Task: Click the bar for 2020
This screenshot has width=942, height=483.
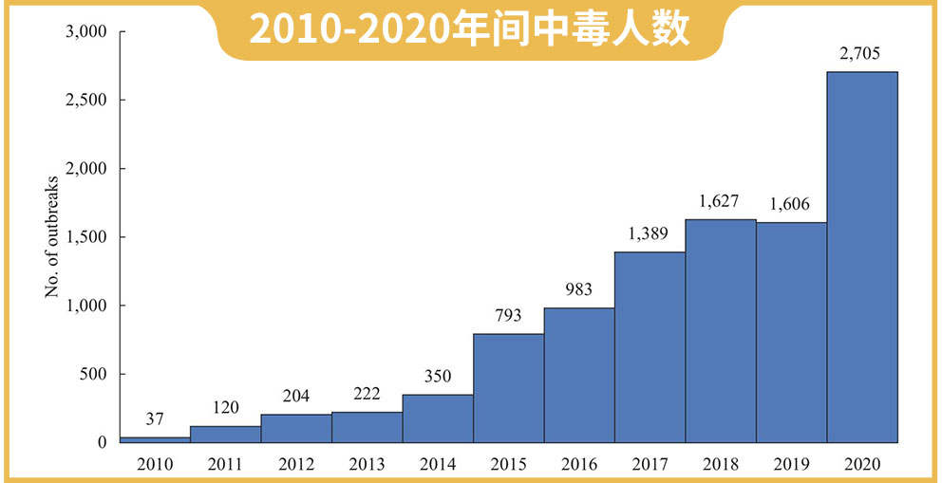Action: [862, 257]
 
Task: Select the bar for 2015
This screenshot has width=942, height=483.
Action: [509, 388]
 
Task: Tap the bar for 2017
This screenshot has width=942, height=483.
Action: [650, 347]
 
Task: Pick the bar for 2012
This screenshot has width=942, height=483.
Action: [296, 428]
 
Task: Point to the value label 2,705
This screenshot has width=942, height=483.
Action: [862, 55]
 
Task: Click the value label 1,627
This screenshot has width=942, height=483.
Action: [721, 201]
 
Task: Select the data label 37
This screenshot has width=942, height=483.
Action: [155, 419]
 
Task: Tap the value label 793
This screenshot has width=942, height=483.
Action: [509, 316]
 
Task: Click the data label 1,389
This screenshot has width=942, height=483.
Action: [650, 233]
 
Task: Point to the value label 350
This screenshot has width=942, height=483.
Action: [438, 377]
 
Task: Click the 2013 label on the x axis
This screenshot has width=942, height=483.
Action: [367, 465]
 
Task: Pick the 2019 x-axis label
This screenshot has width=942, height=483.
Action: [791, 465]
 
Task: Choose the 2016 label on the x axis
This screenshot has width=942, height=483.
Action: [579, 465]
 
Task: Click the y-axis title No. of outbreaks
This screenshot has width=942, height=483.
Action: [52, 237]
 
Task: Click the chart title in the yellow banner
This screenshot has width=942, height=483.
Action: [469, 30]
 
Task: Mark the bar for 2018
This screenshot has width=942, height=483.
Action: [721, 331]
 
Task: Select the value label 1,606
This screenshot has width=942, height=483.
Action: [791, 204]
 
